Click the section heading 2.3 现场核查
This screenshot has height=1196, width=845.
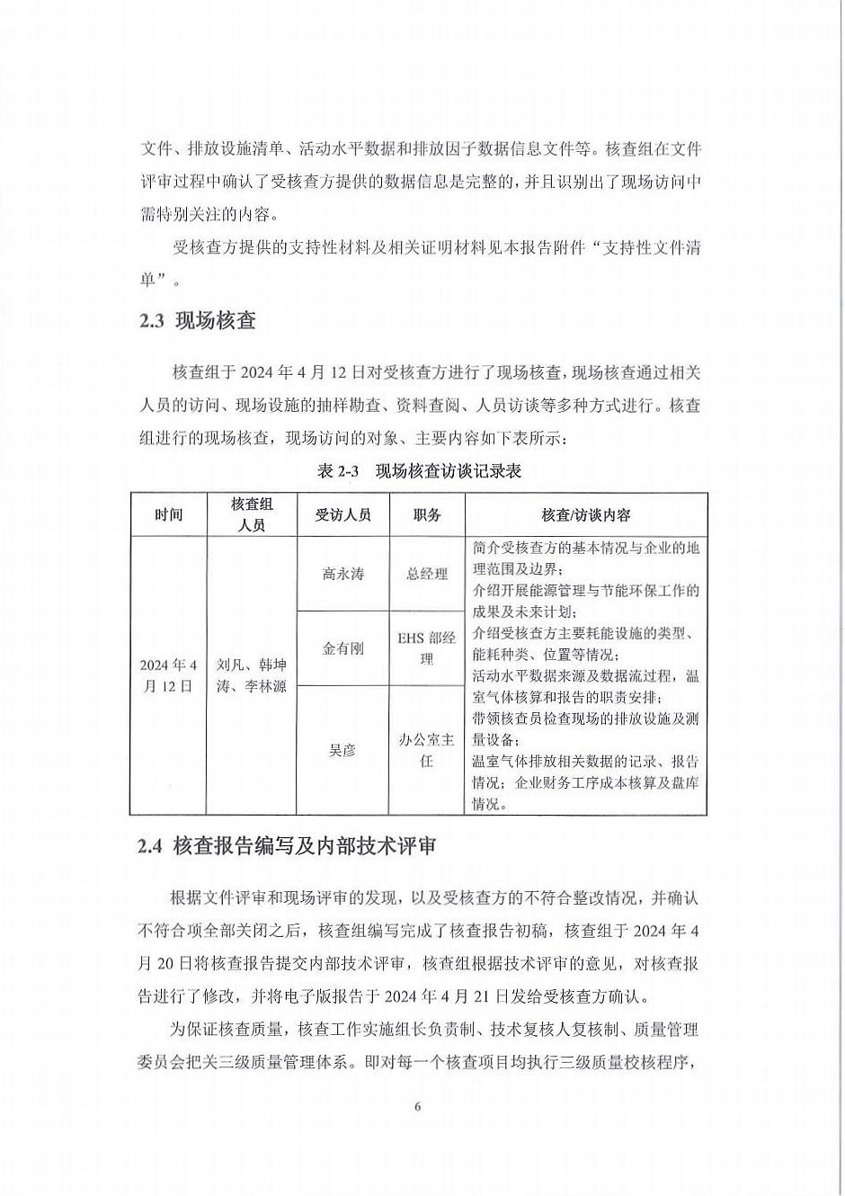click(198, 321)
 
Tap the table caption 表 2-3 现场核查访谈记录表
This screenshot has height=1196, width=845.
click(420, 471)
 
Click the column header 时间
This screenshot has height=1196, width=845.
click(169, 515)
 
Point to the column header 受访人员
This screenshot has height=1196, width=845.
click(342, 515)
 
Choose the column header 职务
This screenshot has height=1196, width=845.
click(427, 515)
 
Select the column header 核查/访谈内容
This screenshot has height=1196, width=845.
click(585, 515)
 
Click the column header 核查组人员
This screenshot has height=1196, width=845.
click(252, 515)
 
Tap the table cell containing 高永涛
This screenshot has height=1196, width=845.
click(342, 574)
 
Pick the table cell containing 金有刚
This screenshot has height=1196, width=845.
click(342, 647)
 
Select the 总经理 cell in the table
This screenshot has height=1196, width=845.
click(427, 574)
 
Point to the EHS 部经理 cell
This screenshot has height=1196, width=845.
click(427, 647)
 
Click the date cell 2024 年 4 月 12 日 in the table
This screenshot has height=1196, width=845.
click(169, 675)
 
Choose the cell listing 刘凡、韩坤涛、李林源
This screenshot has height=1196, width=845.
click(252, 675)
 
